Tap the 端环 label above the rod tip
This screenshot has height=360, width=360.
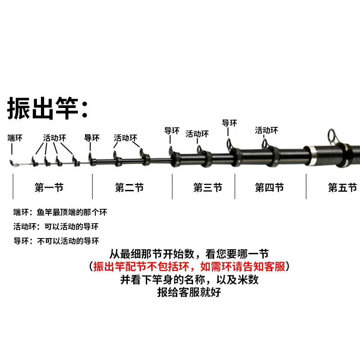point(15,138)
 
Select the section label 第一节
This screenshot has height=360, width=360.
point(49,187)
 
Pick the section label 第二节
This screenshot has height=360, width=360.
point(130,187)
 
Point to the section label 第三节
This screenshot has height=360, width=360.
point(208,187)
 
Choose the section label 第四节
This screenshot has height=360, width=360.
point(270,187)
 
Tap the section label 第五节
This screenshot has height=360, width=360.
point(342,187)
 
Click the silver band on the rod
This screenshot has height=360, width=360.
point(313,155)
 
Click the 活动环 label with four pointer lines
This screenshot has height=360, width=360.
point(54,138)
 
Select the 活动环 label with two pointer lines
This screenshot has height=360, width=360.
point(126,138)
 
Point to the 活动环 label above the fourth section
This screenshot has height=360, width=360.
point(266,130)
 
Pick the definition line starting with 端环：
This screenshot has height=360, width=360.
point(60,212)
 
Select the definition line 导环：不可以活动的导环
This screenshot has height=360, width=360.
point(56,241)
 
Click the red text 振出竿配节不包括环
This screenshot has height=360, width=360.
point(141,267)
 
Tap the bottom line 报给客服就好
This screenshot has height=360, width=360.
point(189,292)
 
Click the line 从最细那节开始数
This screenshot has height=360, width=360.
point(152,254)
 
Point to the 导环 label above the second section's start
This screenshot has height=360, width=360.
point(92,138)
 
